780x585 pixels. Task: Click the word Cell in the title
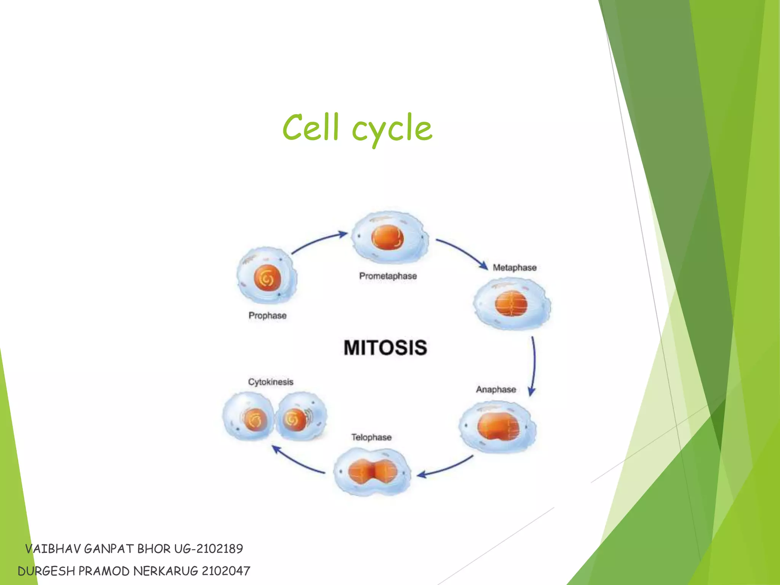(310, 127)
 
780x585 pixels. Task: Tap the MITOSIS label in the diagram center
(385, 347)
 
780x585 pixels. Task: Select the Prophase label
(267, 315)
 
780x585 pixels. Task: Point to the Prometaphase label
(388, 276)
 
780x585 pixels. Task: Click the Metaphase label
(514, 267)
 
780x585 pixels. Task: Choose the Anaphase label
(496, 389)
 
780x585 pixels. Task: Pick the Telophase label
(371, 437)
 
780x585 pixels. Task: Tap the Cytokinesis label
(270, 382)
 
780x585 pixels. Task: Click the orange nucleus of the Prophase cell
(267, 278)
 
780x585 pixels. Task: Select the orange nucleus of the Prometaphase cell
(387, 237)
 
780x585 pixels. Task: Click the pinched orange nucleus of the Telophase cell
(373, 472)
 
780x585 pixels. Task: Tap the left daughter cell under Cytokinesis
(248, 417)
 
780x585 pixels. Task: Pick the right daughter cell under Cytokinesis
(301, 417)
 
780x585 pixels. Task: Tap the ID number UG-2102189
(208, 548)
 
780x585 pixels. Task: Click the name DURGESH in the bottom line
(46, 571)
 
